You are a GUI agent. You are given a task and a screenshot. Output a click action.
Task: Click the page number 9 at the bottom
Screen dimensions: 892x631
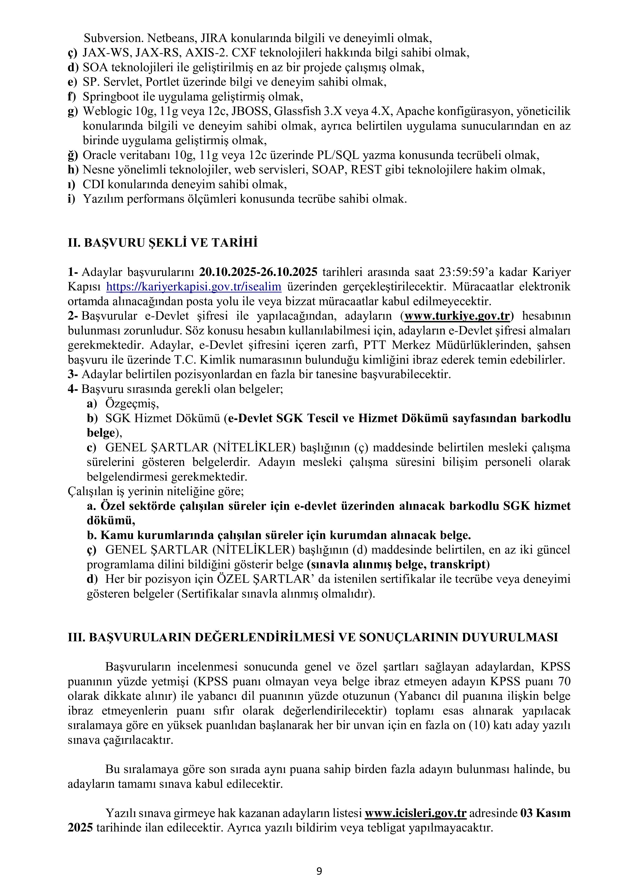point(319,871)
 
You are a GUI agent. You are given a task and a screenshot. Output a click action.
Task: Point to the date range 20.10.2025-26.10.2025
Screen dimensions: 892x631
point(258,272)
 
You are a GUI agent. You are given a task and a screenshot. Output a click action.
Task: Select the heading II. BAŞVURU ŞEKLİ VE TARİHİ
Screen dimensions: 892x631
point(163,243)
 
